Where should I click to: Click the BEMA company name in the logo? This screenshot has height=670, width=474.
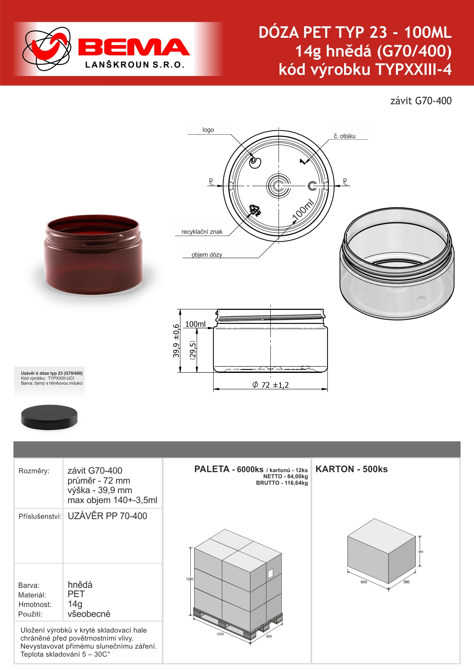(x=134, y=47)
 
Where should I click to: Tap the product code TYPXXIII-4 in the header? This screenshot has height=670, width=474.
(x=414, y=70)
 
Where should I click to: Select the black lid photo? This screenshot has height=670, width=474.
(x=49, y=417)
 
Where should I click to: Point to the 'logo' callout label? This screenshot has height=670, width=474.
(x=208, y=130)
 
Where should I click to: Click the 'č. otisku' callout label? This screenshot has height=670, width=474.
(x=344, y=136)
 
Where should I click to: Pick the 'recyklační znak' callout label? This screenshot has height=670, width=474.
(x=202, y=232)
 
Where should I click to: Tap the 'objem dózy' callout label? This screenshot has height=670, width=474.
(x=207, y=255)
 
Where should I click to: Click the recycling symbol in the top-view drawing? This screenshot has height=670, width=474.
(x=255, y=210)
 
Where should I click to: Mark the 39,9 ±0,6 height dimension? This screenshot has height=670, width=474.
(x=176, y=341)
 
